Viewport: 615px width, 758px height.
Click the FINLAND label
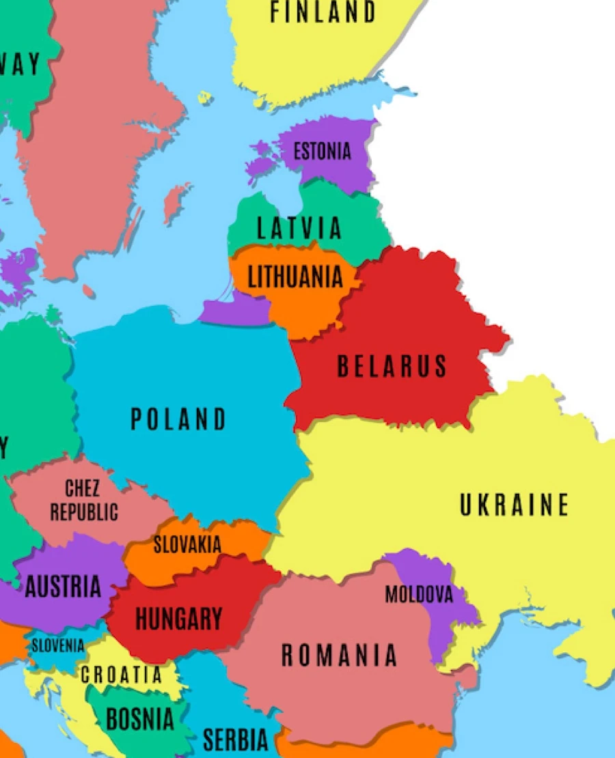323,12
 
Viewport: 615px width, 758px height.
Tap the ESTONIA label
322,151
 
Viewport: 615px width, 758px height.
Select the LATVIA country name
299,228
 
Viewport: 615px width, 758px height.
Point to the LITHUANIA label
295,277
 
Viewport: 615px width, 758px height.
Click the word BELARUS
392,367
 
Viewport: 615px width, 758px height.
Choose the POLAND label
178,419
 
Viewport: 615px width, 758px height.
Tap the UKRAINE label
514,505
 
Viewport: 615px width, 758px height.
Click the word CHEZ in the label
82,489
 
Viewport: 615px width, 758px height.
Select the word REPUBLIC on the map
83,512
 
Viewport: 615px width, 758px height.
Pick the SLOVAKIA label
187,545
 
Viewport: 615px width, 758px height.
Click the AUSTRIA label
63,587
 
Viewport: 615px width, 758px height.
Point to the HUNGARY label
178,619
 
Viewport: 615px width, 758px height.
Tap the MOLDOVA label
419,595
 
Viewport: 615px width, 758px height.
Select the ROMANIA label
339,656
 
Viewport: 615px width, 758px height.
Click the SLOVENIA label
58,645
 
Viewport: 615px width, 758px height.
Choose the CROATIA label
122,675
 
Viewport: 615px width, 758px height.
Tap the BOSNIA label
139,719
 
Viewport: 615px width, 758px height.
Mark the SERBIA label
235,739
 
